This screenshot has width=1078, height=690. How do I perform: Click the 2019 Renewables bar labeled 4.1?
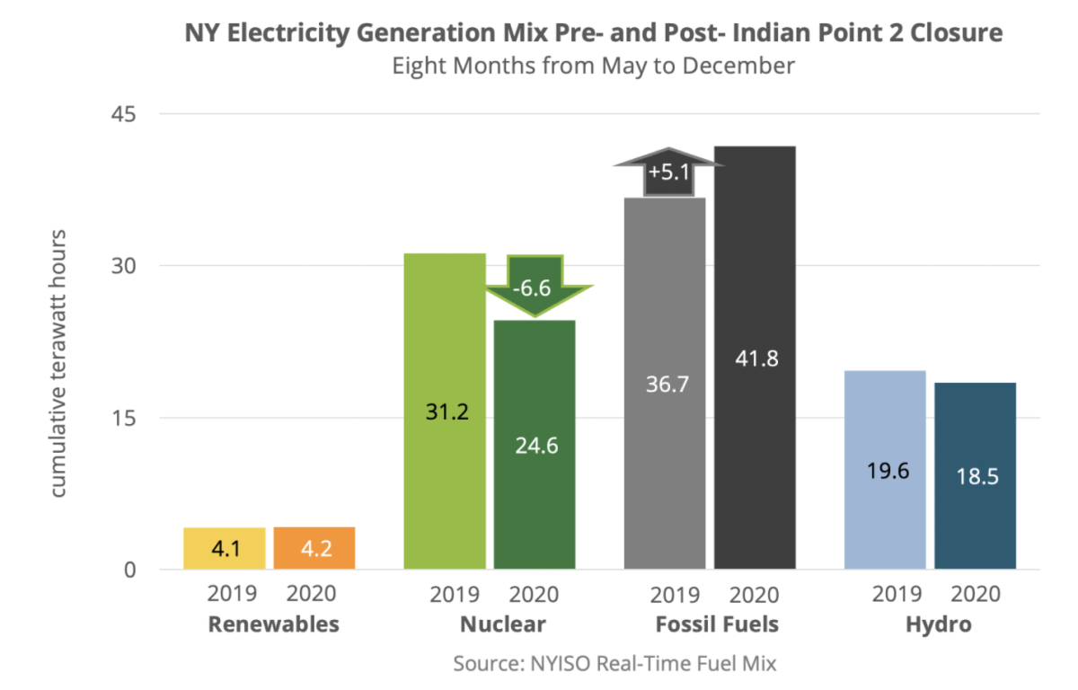point(225,548)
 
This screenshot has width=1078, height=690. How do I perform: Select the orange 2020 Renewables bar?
point(314,548)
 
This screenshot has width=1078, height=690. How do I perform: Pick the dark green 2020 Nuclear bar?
point(535,445)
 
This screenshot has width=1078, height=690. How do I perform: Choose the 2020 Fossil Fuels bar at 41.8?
point(755,358)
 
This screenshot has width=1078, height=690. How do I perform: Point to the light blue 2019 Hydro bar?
point(885,470)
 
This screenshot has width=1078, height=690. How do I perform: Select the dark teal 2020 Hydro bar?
point(976,475)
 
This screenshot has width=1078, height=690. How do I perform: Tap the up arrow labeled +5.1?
point(667,170)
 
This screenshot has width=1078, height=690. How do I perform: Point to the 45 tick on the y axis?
point(124,114)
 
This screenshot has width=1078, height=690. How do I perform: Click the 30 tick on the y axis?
point(124,266)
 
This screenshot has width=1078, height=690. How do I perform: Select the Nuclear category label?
point(502,624)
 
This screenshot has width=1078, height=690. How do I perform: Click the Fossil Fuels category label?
point(716,624)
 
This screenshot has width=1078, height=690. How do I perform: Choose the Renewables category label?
point(274,624)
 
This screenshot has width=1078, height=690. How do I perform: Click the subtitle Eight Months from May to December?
point(593,66)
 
